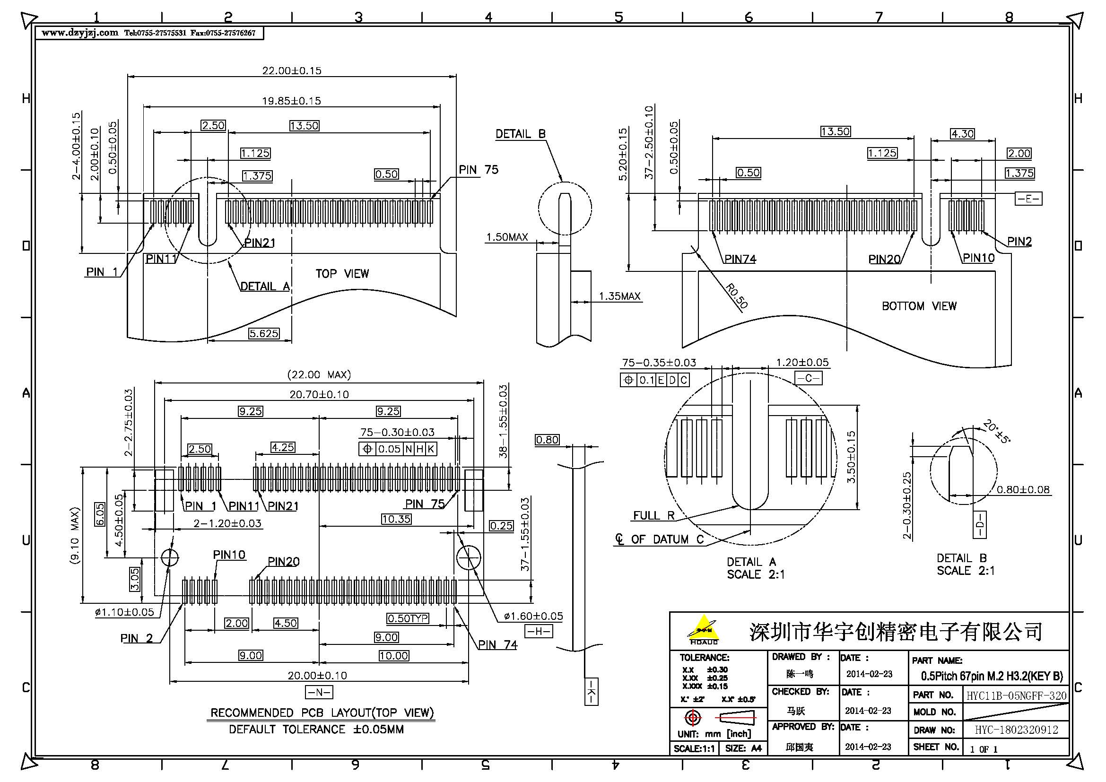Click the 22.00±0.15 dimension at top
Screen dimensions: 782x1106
click(x=291, y=71)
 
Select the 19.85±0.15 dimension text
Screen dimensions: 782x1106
click(x=291, y=101)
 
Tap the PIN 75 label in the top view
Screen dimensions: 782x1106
click(x=478, y=170)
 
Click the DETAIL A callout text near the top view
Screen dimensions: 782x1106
click(x=264, y=287)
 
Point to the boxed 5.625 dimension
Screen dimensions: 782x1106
click(x=263, y=333)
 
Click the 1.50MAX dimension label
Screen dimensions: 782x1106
click(x=507, y=237)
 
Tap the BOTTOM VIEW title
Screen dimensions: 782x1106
click(x=919, y=306)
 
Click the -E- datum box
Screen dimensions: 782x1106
click(x=1028, y=199)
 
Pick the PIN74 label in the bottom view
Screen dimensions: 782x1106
click(x=740, y=260)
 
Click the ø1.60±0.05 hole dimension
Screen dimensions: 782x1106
click(x=533, y=617)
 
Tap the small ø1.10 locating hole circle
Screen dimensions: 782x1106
click(x=170, y=557)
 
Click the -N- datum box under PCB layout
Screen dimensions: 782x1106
click(x=319, y=693)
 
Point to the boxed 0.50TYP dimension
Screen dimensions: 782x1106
click(x=408, y=618)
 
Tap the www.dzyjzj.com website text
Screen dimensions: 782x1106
click(x=79, y=33)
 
